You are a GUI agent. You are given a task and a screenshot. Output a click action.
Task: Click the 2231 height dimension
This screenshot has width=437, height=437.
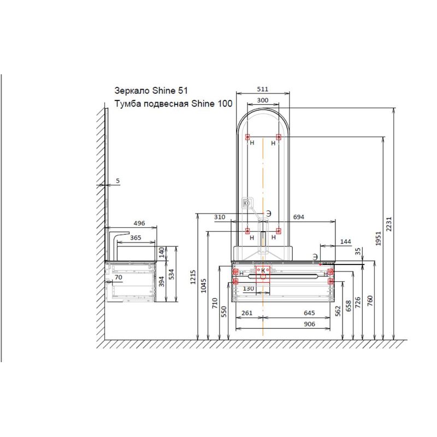click(x=389, y=224)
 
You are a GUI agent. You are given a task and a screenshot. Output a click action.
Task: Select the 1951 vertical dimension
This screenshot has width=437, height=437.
click(x=378, y=238)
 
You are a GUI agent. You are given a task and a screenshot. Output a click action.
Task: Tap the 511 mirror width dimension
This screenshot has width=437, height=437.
click(x=263, y=89)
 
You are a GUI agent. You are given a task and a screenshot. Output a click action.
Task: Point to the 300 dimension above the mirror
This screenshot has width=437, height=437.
click(x=263, y=100)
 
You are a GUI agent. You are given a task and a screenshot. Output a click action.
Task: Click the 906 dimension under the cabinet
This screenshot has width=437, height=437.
click(x=309, y=324)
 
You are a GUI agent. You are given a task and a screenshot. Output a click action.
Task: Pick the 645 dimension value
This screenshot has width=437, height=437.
click(x=309, y=313)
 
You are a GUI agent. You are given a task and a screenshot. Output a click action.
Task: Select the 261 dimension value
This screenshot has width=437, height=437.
click(x=247, y=313)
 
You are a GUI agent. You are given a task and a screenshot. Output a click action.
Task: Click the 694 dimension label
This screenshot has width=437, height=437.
click(x=298, y=217)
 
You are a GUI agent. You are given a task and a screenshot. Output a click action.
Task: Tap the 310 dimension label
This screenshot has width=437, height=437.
click(x=220, y=217)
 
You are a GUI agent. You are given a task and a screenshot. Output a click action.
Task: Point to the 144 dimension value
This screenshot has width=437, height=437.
click(x=346, y=241)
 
